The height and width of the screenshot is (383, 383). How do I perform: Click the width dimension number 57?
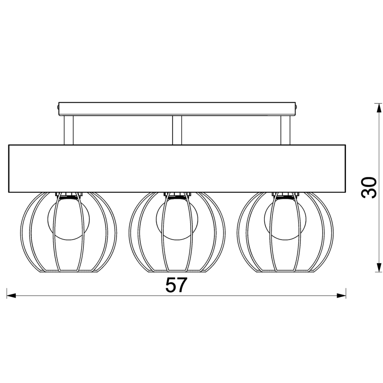[176, 285]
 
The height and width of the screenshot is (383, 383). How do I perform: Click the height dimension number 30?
[368, 188]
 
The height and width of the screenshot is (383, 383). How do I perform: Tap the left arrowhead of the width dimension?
[11, 296]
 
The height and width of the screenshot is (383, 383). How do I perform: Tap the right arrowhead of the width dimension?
[341, 296]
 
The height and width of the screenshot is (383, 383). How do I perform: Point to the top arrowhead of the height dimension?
[378, 108]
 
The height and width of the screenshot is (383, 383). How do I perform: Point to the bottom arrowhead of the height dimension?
[378, 267]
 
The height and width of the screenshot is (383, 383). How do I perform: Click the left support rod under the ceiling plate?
[69, 130]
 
